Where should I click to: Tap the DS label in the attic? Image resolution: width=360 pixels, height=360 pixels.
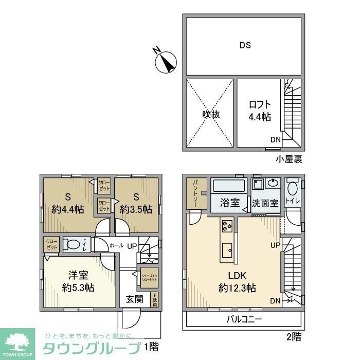[x=245, y=45]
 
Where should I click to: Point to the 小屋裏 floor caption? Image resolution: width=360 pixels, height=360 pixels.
[x=289, y=159]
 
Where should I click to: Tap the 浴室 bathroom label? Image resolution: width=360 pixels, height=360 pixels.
[x=230, y=203]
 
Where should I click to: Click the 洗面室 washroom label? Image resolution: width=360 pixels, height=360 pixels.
[x=265, y=203]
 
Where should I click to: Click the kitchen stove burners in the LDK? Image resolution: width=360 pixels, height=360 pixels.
[x=226, y=225]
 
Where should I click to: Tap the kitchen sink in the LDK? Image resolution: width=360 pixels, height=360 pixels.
[x=227, y=252]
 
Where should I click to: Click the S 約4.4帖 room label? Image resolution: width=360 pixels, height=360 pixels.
[x=68, y=203]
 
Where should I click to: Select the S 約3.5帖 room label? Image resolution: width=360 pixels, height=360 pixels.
[x=136, y=203]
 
